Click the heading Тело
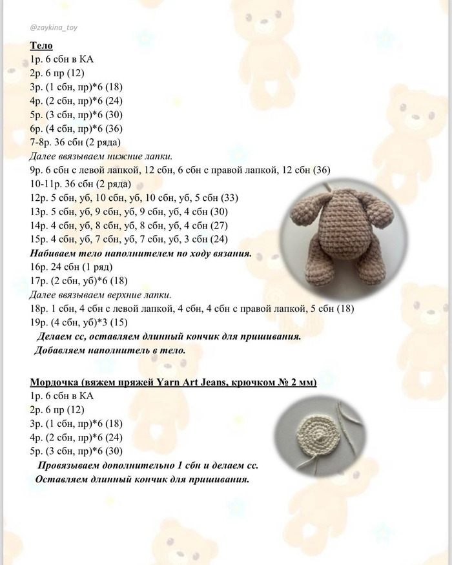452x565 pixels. [41, 46]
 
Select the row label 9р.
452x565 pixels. [36, 170]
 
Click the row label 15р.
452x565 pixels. [38, 239]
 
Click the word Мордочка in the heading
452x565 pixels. [54, 382]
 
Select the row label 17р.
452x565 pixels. [38, 281]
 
